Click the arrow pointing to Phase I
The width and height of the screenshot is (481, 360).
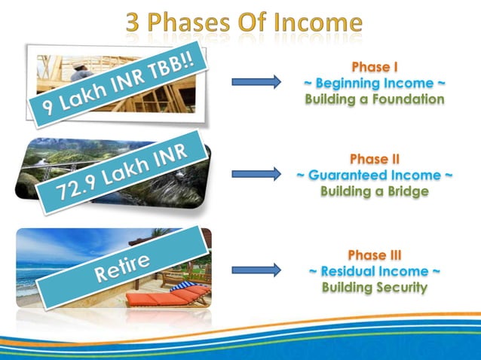256,81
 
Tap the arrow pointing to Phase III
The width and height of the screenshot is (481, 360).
256,269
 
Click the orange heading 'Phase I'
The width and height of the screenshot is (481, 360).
375,66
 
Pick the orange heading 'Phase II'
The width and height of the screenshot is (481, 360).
375,159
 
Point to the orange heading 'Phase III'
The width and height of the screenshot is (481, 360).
375,254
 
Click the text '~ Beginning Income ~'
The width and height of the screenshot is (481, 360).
375,82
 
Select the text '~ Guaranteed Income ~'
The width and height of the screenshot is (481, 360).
375,175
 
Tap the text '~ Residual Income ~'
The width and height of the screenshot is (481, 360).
375,270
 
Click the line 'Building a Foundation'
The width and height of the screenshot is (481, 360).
375,99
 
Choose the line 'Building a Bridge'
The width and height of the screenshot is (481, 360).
375,192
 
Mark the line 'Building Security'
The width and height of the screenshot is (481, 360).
375,287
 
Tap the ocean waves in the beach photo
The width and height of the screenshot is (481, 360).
38,282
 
